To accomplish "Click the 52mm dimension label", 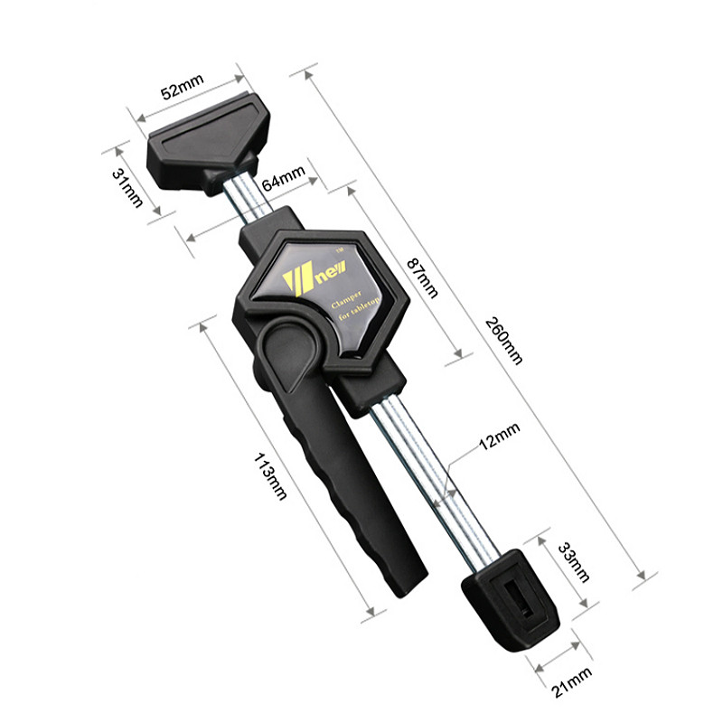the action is (183, 86).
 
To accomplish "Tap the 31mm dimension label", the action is (127, 188).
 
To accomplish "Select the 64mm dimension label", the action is (284, 177).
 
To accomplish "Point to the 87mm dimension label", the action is (422, 277).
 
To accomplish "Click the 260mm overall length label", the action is (504, 341).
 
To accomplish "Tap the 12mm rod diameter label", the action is (500, 436).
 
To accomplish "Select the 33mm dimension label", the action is (574, 562).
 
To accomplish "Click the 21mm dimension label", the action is (572, 682).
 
